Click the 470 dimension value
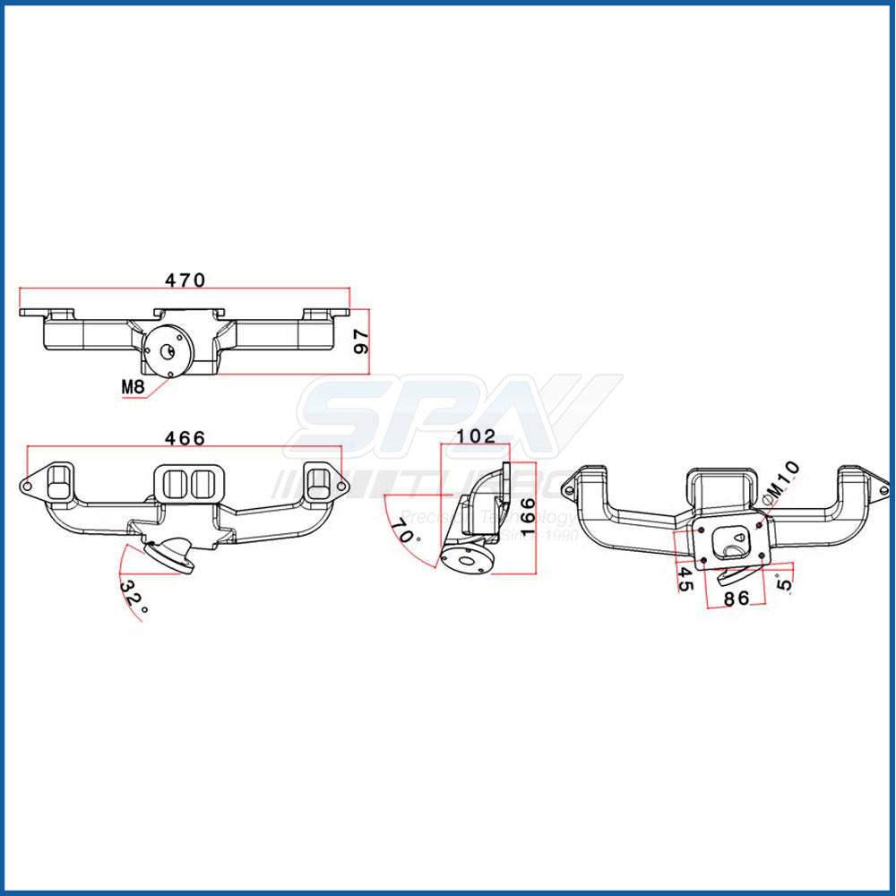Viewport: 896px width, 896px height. pyautogui.click(x=185, y=280)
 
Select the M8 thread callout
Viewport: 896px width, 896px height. pyautogui.click(x=134, y=387)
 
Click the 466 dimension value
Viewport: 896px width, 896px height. pyautogui.click(x=185, y=438)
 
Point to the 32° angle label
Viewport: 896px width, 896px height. pyautogui.click(x=134, y=594)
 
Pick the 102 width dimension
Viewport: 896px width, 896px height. pyautogui.click(x=475, y=435)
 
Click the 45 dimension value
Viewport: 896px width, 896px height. pyautogui.click(x=685, y=578)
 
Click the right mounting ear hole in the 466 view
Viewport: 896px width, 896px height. pyautogui.click(x=342, y=487)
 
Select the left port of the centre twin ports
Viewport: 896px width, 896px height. pyautogui.click(x=176, y=483)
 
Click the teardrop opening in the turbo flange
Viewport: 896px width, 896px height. pyautogui.click(x=733, y=542)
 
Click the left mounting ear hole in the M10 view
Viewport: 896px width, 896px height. pyautogui.click(x=568, y=490)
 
